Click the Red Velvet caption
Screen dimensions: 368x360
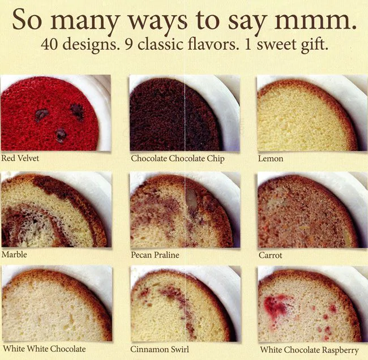(x=20, y=158)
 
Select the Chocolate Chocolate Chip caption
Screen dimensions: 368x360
(x=178, y=158)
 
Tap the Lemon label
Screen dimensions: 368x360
(x=271, y=158)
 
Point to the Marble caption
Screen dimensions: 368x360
(x=14, y=254)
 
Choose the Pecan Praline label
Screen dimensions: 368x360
(x=155, y=255)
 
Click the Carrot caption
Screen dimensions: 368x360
(x=271, y=255)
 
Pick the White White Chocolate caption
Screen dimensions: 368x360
(x=44, y=349)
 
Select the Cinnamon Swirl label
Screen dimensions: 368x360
(x=160, y=349)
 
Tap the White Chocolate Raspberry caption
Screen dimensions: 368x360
(x=309, y=350)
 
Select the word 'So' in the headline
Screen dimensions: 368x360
(x=28, y=19)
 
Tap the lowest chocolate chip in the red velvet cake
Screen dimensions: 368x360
(x=61, y=135)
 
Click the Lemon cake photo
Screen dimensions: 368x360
(x=313, y=113)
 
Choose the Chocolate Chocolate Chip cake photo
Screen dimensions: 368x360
(x=185, y=113)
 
